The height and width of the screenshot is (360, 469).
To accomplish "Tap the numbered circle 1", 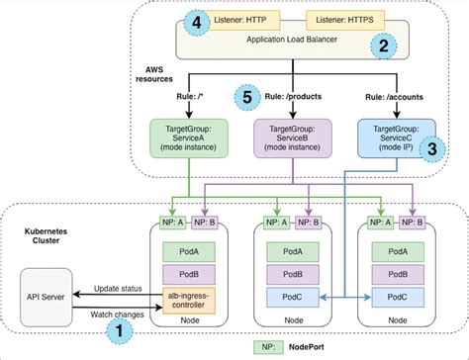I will click(x=119, y=328).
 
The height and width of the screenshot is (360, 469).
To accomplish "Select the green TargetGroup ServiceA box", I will click(x=185, y=137).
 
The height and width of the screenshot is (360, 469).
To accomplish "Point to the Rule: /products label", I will click(x=295, y=97).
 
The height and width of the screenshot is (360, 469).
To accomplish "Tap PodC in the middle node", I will click(x=292, y=296).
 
